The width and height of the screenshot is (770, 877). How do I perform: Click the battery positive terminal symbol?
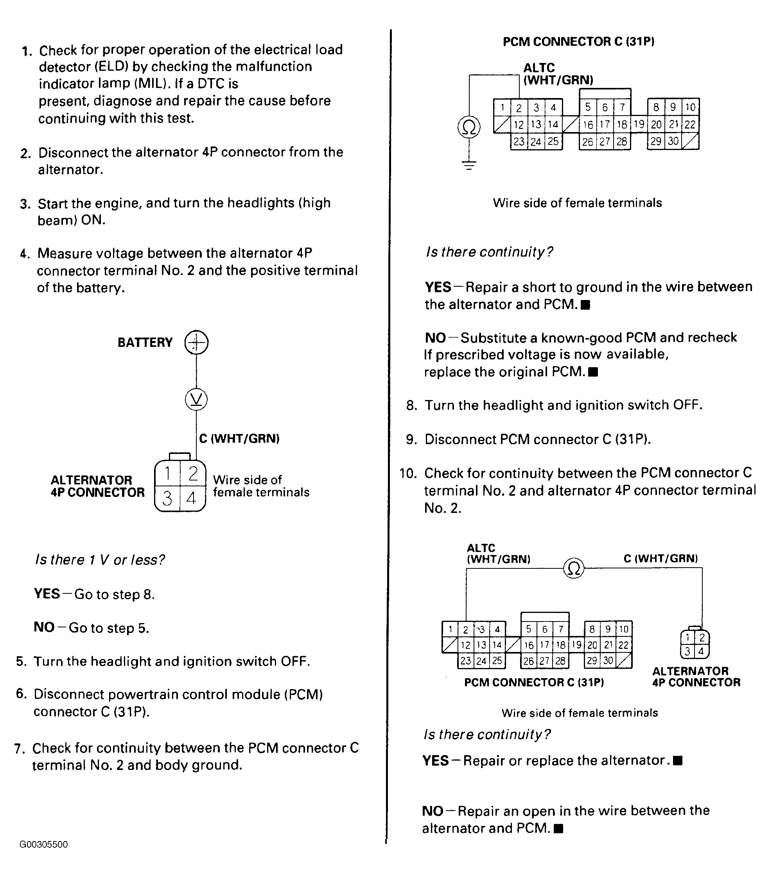pyautogui.click(x=196, y=342)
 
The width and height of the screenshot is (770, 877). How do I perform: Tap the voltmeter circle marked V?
pyautogui.click(x=196, y=400)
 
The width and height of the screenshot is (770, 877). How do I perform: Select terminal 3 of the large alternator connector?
pyautogui.click(x=167, y=498)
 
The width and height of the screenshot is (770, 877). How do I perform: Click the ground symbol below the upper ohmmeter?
pyautogui.click(x=469, y=165)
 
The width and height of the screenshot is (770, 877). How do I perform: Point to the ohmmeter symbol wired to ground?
pyautogui.click(x=469, y=127)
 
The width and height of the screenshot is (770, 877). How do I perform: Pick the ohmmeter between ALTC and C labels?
pyautogui.click(x=574, y=568)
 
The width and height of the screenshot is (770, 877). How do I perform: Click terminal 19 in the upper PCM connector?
pyautogui.click(x=639, y=125)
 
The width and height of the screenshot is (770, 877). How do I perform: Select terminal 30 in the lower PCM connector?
pyautogui.click(x=608, y=660)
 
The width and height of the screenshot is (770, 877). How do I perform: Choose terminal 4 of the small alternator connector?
pyautogui.click(x=701, y=651)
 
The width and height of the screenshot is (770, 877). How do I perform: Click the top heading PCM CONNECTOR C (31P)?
pyautogui.click(x=578, y=42)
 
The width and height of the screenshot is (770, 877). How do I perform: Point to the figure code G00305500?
pyautogui.click(x=43, y=845)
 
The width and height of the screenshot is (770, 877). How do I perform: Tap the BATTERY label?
pyautogui.click(x=145, y=342)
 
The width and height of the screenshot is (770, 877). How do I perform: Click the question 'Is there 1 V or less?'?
pyautogui.click(x=100, y=559)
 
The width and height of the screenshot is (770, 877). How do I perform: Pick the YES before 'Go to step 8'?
pyautogui.click(x=47, y=594)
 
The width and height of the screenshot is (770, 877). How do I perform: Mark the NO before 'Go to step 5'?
pyautogui.click(x=44, y=627)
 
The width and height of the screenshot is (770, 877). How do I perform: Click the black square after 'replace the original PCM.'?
pyautogui.click(x=593, y=372)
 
